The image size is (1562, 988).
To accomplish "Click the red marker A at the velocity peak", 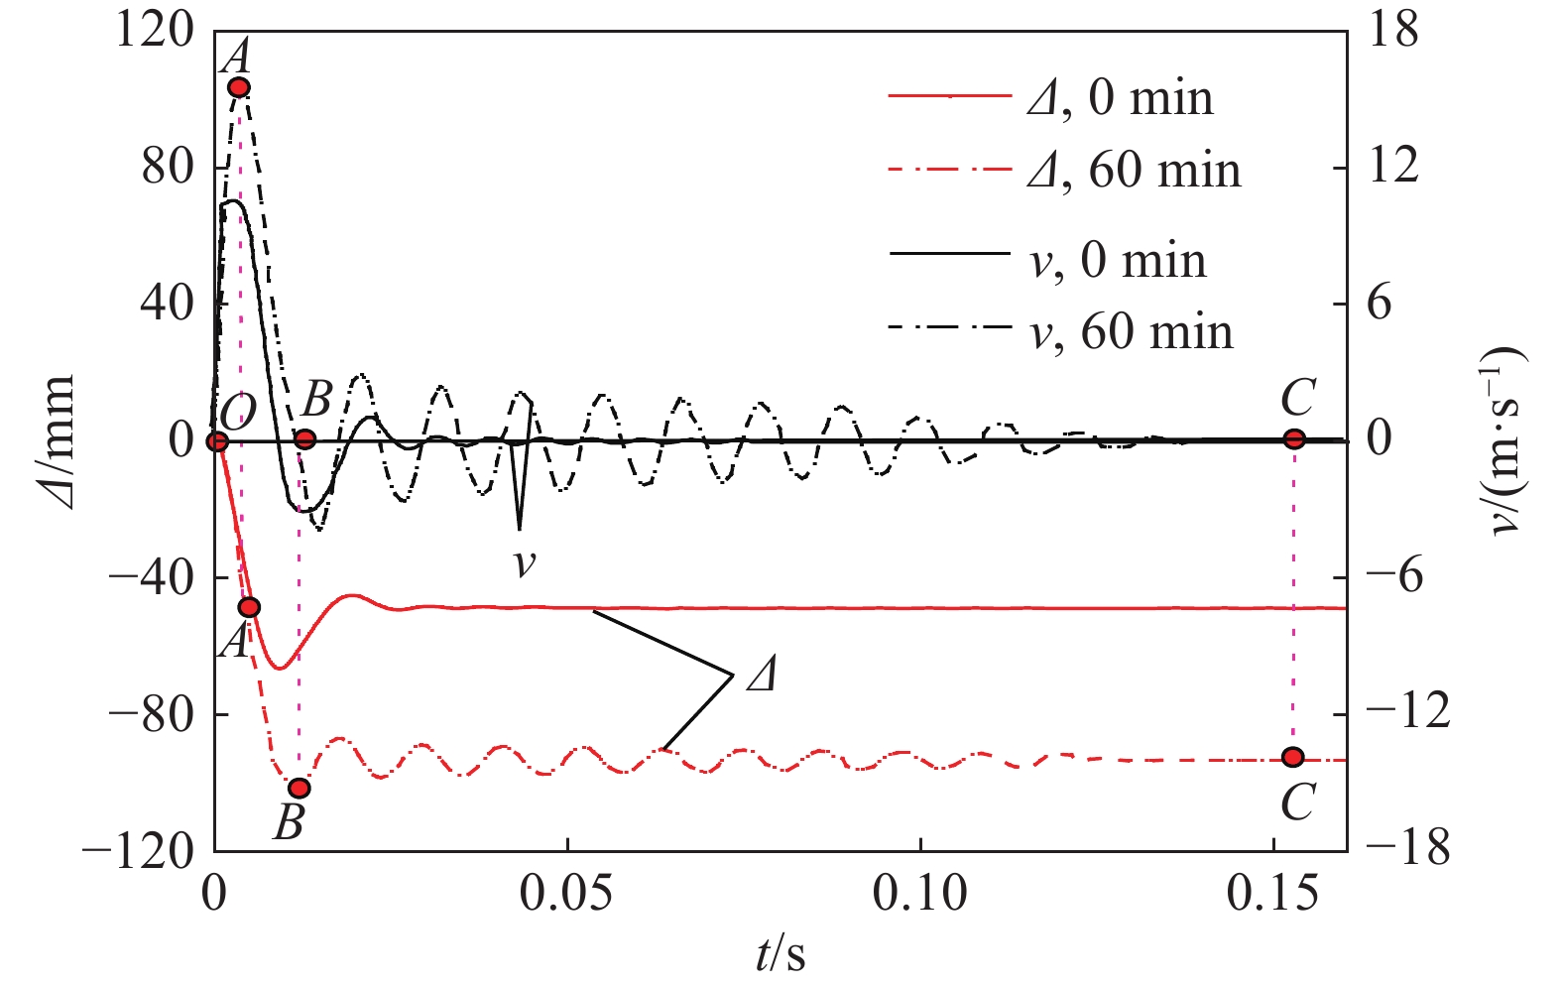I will pyautogui.click(x=238, y=87).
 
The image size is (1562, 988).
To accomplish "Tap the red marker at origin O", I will pyautogui.click(x=217, y=440).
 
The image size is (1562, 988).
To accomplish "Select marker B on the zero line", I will pyautogui.click(x=305, y=438).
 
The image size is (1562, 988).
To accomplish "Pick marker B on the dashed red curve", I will pyautogui.click(x=299, y=789).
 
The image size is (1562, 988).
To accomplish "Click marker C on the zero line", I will pyautogui.click(x=1293, y=438).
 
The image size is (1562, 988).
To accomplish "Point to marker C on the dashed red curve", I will pyautogui.click(x=1292, y=757).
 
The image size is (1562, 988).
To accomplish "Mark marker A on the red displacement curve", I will pyautogui.click(x=249, y=607).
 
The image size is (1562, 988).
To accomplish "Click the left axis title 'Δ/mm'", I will pyautogui.click(x=57, y=440).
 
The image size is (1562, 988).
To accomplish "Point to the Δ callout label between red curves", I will pyautogui.click(x=761, y=677).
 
